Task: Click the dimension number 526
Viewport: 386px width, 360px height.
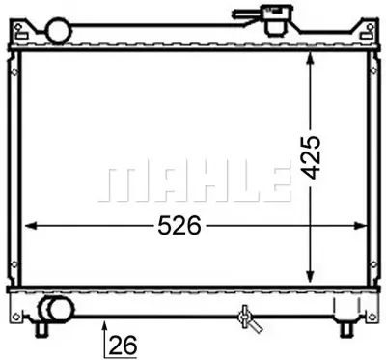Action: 179,226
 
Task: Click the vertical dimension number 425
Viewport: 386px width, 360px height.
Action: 310,155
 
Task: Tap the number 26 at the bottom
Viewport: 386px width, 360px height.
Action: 122,343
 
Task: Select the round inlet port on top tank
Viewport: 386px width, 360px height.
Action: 59,32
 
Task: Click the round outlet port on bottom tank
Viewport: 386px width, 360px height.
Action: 54,310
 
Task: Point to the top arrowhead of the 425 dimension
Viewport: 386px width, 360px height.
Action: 310,58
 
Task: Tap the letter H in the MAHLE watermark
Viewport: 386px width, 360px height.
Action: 204,181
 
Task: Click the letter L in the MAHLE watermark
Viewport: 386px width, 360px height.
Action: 240,181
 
